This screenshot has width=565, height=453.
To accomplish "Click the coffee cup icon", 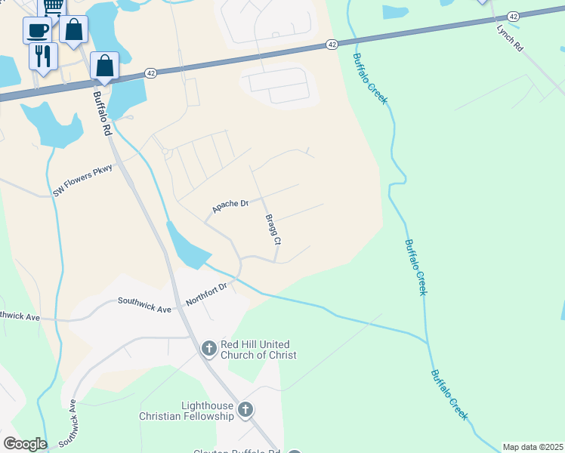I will [x=37, y=30].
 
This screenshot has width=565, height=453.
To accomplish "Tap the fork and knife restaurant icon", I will [x=43, y=55].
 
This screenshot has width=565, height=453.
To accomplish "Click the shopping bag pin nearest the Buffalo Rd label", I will [x=103, y=66].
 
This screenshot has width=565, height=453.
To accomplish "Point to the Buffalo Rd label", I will [x=102, y=114].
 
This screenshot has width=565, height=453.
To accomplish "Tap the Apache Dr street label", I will [x=230, y=205].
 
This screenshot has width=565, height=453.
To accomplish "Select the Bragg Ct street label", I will [x=273, y=230].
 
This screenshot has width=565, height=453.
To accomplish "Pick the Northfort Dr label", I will [x=206, y=294].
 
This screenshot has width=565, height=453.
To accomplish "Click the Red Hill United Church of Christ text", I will [x=258, y=350].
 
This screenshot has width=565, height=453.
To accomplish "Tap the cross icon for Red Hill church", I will [x=209, y=348].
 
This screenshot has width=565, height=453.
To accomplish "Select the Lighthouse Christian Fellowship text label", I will [x=187, y=411].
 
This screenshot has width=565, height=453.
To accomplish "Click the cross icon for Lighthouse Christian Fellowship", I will [x=245, y=410].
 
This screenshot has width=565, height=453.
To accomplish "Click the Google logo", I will [x=25, y=443].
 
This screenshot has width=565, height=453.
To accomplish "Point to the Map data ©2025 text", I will [x=533, y=447].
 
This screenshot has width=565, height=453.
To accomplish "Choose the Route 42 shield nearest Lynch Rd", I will [x=514, y=16].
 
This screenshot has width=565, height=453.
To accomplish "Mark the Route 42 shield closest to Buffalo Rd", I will [x=151, y=73].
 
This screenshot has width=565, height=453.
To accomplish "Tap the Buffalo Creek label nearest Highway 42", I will [x=370, y=79].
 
